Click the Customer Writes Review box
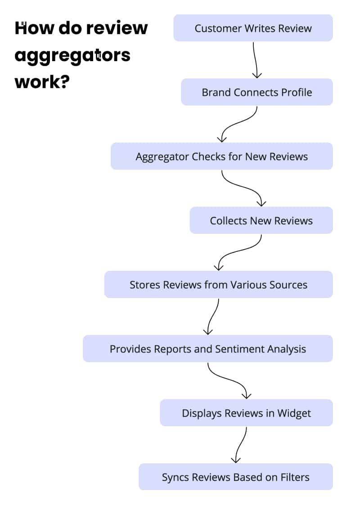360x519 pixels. click(x=253, y=28)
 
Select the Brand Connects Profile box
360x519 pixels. click(x=256, y=92)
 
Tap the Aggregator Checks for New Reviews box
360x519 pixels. click(x=221, y=157)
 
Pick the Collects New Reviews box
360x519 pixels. click(x=261, y=220)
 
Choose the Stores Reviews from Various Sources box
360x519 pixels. click(x=218, y=285)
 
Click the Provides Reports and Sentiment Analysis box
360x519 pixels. click(x=207, y=349)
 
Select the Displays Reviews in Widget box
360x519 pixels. click(x=246, y=413)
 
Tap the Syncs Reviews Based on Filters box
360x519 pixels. click(x=235, y=477)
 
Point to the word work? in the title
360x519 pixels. click(x=42, y=82)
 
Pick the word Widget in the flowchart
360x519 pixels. click(x=294, y=413)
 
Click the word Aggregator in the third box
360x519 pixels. click(x=162, y=157)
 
